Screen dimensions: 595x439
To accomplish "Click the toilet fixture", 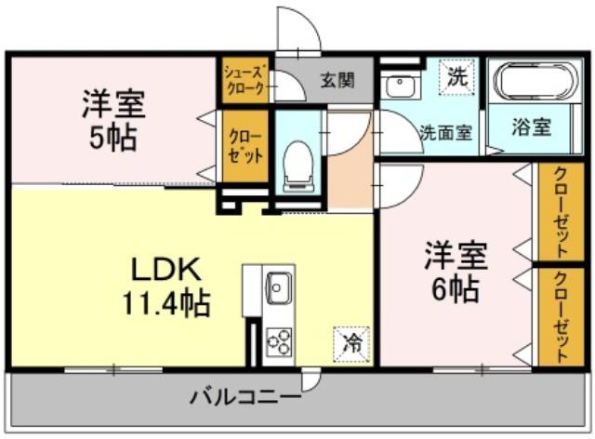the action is click(298, 166).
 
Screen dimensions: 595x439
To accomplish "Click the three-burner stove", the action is click(279, 342).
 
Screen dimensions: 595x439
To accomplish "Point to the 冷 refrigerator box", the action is click(351, 344).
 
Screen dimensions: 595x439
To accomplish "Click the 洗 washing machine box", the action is click(456, 76).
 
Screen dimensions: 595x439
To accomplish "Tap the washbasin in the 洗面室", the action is click(400, 85).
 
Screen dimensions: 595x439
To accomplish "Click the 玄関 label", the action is click(337, 80).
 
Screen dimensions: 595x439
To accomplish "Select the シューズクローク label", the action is click(245, 80).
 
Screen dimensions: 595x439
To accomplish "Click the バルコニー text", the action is click(245, 397).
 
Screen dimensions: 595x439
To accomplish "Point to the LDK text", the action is click(165, 270).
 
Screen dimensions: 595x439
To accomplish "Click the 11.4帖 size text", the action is click(165, 304).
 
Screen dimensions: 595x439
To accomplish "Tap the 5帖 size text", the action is click(112, 138).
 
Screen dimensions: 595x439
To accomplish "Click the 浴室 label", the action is click(531, 126).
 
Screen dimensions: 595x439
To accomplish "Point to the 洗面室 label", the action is click(445, 132).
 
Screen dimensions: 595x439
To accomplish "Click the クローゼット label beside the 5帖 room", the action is click(245, 147).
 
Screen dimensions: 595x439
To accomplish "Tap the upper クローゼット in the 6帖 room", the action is click(562, 212).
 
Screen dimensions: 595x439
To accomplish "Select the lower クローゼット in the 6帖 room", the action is click(562, 316).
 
